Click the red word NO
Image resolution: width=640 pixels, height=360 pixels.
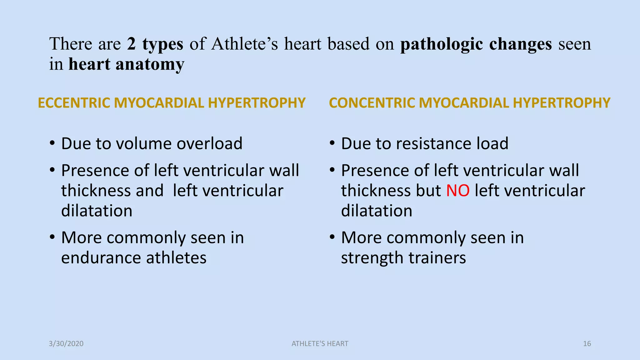tap(457, 191)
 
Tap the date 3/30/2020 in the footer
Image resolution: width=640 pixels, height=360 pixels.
tap(66, 344)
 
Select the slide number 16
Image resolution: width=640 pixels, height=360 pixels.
tap(587, 344)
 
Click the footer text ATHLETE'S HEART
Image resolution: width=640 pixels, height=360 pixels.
tap(320, 344)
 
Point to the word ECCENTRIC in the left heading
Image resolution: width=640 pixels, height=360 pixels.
tap(74, 103)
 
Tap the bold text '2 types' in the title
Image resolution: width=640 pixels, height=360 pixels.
tap(155, 44)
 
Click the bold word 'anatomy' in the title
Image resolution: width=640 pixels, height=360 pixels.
tap(150, 65)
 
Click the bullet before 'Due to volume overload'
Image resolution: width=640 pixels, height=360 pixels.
tap(52, 144)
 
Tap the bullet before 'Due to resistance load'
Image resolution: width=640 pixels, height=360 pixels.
tap(332, 144)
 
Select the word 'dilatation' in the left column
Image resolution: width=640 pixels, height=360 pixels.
tap(97, 211)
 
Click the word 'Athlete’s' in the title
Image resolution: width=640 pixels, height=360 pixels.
tap(244, 44)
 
